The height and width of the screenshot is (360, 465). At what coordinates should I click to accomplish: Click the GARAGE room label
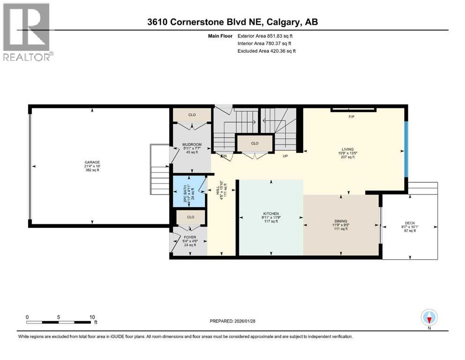pos(92,162)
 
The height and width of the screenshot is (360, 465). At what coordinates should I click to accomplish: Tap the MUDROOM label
pos(192,145)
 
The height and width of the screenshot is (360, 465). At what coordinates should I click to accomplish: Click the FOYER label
pos(189,237)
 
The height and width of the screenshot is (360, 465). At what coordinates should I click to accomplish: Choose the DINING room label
pos(340,221)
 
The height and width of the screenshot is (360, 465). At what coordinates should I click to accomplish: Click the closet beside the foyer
pos(191,217)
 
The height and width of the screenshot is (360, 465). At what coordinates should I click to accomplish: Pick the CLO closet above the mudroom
pos(192,115)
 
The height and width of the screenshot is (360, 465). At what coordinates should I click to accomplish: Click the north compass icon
pos(429,318)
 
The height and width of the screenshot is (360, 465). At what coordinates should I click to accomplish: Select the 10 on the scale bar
pos(92,317)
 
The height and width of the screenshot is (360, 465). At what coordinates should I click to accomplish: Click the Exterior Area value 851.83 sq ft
pos(278,35)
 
